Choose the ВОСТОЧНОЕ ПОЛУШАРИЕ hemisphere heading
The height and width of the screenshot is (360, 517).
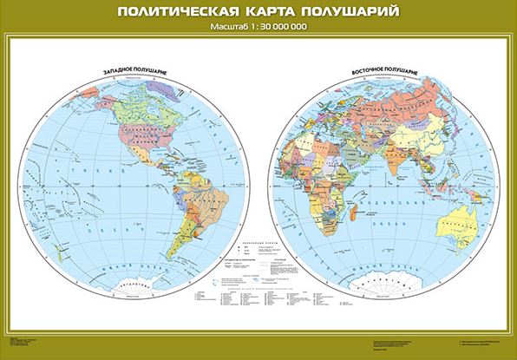(378, 67)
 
